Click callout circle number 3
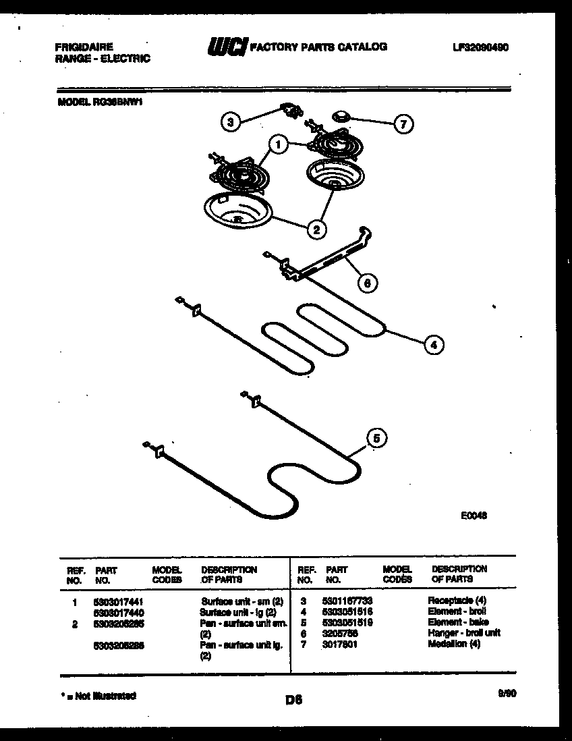coord(231,122)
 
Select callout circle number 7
coord(403,124)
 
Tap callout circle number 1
coord(277,143)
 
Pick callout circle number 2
coord(315,229)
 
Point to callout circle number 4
coord(434,345)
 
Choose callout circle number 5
coord(377,439)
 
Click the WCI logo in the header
coord(227,47)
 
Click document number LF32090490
coord(480,47)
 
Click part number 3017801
coord(340,644)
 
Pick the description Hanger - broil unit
coord(464,633)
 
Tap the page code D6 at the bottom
coord(293,701)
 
